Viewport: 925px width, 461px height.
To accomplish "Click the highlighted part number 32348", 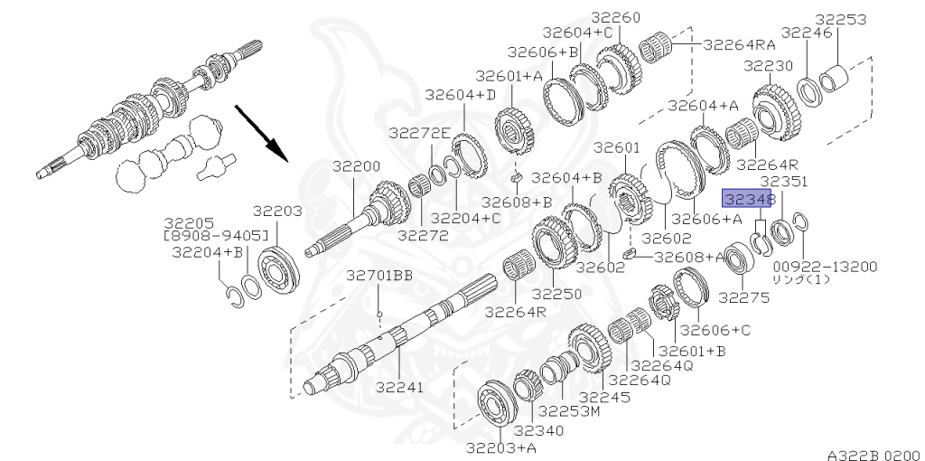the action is pyautogui.click(x=747, y=200).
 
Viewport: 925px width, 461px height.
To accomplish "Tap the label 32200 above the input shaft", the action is pyautogui.click(x=356, y=166).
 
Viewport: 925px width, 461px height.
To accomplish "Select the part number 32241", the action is pyautogui.click(x=400, y=387).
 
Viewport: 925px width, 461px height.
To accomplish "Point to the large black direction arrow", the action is pyautogui.click(x=261, y=133).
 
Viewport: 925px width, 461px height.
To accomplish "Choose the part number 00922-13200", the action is pyautogui.click(x=826, y=267).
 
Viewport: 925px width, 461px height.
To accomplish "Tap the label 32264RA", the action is pyautogui.click(x=739, y=44).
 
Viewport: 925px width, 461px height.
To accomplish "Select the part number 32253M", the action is pyautogui.click(x=569, y=410).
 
